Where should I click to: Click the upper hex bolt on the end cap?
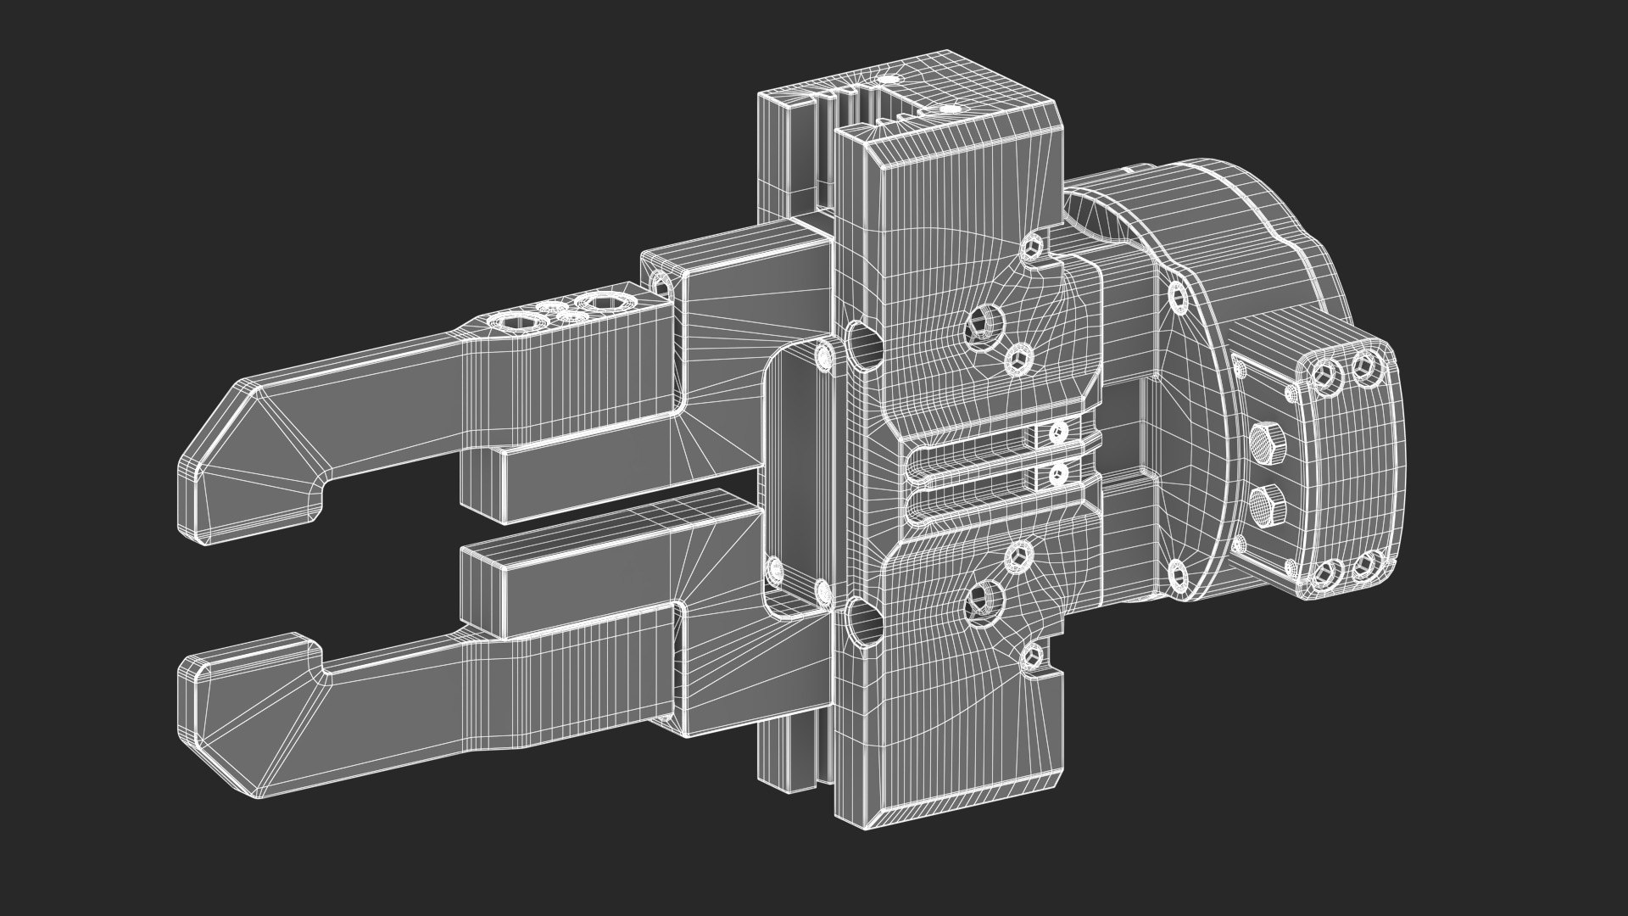(1266, 443)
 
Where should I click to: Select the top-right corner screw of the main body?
(1032, 247)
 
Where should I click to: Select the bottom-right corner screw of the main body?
(1032, 652)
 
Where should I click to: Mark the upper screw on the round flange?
(1177, 296)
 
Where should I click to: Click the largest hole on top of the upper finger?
(603, 302)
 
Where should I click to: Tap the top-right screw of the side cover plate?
(822, 355)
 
